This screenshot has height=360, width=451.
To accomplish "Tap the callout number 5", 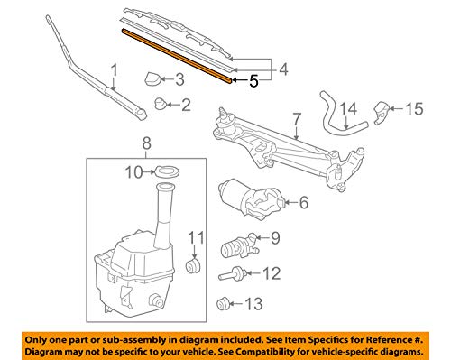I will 253,80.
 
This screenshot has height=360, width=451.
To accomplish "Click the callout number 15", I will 413,110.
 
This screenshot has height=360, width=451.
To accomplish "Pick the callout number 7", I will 295,117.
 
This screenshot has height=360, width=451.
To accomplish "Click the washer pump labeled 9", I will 240,245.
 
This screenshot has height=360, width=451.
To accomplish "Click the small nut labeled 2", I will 161,104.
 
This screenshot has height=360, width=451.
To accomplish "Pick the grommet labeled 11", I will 191,265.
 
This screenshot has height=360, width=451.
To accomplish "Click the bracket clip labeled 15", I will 382,112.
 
